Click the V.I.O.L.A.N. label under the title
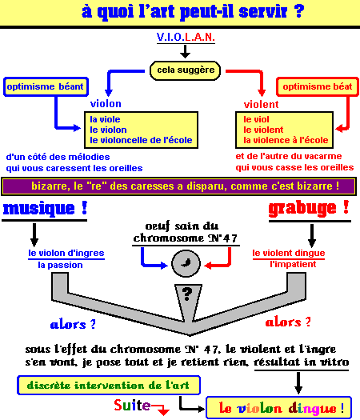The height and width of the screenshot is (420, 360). click(x=186, y=37)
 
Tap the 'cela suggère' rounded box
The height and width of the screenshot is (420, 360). click(x=185, y=70)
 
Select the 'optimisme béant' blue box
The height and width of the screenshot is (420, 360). click(x=46, y=86)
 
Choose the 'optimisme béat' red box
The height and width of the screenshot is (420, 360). click(x=318, y=86)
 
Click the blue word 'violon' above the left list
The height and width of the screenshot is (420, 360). click(x=106, y=104)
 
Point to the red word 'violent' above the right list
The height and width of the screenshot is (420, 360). click(x=261, y=104)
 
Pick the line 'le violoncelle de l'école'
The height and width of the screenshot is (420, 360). click(x=141, y=140)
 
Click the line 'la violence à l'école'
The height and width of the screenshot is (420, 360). click(x=286, y=140)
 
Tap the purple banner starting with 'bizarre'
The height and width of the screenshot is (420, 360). click(x=179, y=186)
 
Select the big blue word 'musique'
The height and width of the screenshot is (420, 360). click(x=39, y=208)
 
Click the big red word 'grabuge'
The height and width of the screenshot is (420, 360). click(x=302, y=209)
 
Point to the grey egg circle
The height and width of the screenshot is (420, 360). click(x=186, y=263)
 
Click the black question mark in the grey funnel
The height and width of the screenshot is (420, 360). click(x=187, y=294)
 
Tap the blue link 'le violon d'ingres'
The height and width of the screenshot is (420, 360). click(x=66, y=253)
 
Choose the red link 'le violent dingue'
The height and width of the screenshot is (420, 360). click(x=289, y=253)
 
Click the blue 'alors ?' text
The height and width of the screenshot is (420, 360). click(x=73, y=324)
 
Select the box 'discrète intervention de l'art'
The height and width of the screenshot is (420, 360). click(x=109, y=386)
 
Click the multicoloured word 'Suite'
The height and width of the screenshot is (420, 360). click(x=132, y=405)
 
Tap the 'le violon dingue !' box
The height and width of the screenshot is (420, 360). click(x=278, y=408)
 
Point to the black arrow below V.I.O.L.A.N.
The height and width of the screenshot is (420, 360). click(x=185, y=51)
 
